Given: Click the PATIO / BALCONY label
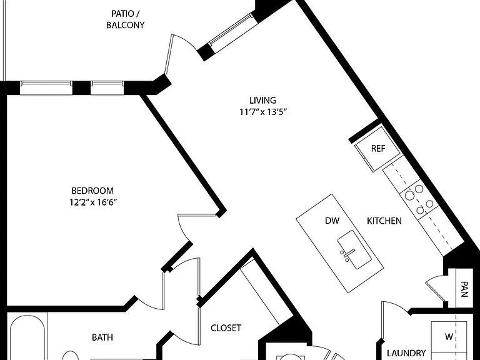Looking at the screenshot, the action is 125,19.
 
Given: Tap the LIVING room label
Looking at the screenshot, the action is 262,100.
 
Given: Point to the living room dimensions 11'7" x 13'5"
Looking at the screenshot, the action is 262,112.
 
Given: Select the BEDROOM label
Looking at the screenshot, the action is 92,191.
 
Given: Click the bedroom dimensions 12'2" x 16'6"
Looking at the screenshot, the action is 93,202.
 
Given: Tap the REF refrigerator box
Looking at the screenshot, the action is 378,149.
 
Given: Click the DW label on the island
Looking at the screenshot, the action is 332,221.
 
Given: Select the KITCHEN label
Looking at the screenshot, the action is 384,221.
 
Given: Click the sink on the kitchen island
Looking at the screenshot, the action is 354,249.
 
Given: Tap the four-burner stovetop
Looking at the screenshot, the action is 419,199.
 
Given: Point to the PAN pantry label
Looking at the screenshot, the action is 464,289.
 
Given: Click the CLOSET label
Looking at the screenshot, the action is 226,328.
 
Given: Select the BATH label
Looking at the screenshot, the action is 102,337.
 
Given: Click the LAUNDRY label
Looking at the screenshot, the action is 406,353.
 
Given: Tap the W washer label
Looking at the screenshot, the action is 449,337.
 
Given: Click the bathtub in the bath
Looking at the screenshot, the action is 27,337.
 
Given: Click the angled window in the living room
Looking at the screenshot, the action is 233,30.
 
